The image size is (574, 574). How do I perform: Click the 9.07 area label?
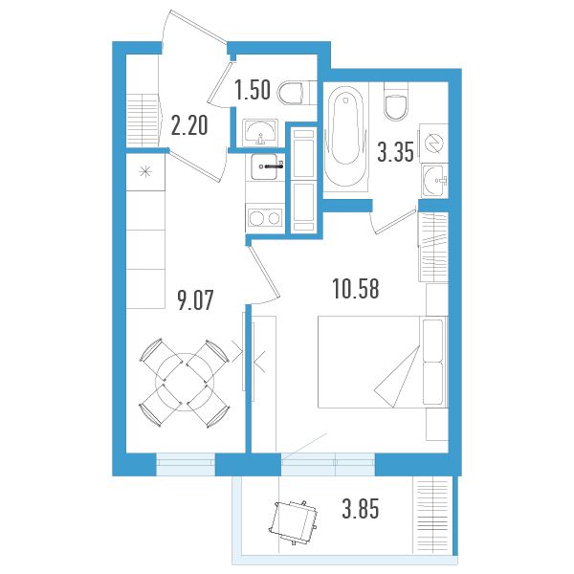[x=195, y=300]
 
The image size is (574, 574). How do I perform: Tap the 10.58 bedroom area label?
[x=356, y=289]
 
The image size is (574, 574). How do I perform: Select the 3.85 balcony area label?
[x=361, y=509]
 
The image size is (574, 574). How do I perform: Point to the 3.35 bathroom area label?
[x=395, y=151]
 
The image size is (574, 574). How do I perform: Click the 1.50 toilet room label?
[x=253, y=90]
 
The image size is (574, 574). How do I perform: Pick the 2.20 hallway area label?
[x=189, y=124]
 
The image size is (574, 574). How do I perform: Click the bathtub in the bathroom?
[x=345, y=137]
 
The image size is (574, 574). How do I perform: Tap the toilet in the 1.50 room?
[x=294, y=93]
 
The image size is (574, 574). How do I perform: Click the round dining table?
[x=185, y=382]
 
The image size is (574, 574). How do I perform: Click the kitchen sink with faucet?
[x=264, y=166]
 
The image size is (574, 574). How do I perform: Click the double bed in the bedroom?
[x=383, y=362]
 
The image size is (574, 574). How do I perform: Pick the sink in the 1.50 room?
[x=259, y=133]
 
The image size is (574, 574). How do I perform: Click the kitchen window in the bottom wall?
[x=186, y=464]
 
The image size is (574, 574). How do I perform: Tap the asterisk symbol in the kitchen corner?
[x=145, y=171]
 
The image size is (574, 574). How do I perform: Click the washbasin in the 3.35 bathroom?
[x=434, y=181]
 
